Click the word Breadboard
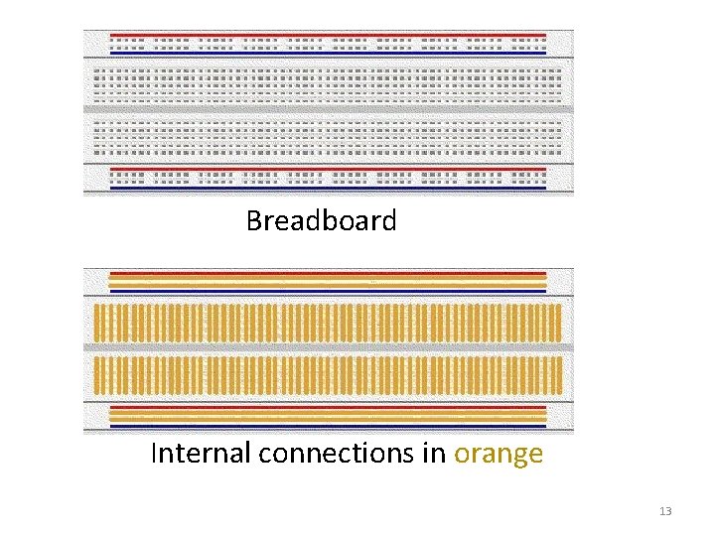(x=321, y=220)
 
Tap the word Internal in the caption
(x=201, y=454)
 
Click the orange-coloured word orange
(x=499, y=455)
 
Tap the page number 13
(x=665, y=511)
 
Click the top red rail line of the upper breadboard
(x=328, y=35)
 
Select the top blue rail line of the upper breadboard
(x=328, y=51)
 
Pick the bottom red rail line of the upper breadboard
(x=328, y=171)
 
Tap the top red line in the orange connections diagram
(x=328, y=273)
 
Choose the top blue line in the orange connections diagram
(x=328, y=292)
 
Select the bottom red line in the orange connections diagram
(x=328, y=407)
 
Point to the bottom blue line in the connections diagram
(x=328, y=427)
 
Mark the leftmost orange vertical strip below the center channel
(x=96, y=375)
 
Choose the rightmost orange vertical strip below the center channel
(x=559, y=375)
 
